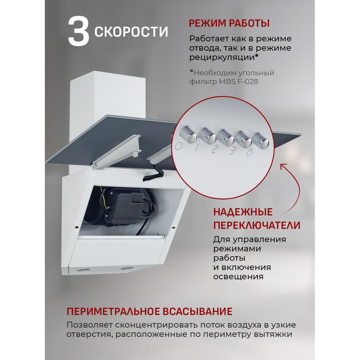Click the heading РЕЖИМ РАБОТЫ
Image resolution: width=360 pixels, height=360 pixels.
pyautogui.click(x=229, y=23)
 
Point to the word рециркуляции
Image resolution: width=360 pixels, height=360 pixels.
pyautogui.click(x=222, y=57)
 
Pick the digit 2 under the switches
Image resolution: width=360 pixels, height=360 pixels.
pyautogui.click(x=214, y=150)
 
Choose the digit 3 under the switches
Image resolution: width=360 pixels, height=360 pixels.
pyautogui.click(x=232, y=151)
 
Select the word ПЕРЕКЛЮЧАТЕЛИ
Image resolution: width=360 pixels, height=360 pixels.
pyautogui.click(x=256, y=225)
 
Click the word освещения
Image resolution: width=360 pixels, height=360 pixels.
pyautogui.click(x=238, y=277)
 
